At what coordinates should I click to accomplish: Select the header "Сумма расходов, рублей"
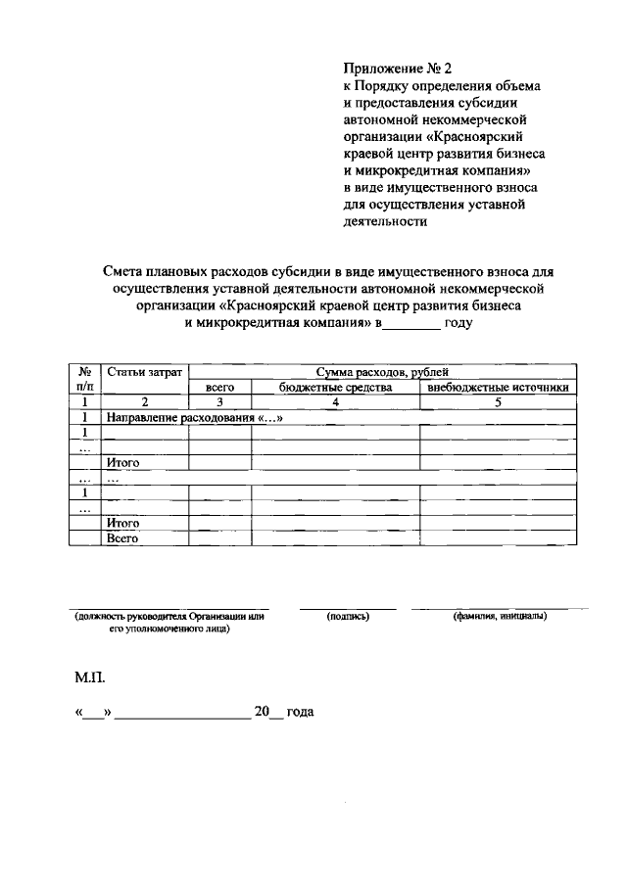pyautogui.click(x=382, y=372)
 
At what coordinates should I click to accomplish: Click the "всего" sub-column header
pyautogui.click(x=219, y=388)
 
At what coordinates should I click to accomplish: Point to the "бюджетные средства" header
pyautogui.click(x=335, y=388)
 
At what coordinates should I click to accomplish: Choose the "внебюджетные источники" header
pyautogui.click(x=498, y=388)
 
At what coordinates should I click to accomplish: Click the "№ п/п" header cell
pyautogui.click(x=85, y=380)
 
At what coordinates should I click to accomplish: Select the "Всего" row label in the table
pyautogui.click(x=121, y=538)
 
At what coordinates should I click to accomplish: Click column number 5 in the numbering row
pyautogui.click(x=498, y=402)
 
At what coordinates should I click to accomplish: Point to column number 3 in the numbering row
pyautogui.click(x=219, y=402)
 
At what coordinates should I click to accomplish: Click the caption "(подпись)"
pyautogui.click(x=347, y=617)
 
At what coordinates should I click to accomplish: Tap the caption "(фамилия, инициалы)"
pyautogui.click(x=499, y=617)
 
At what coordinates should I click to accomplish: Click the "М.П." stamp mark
pyautogui.click(x=89, y=677)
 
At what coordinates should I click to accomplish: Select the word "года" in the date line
pyautogui.click(x=300, y=714)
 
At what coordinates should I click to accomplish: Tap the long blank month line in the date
pyautogui.click(x=182, y=717)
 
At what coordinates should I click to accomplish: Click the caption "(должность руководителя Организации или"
pyautogui.click(x=170, y=617)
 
